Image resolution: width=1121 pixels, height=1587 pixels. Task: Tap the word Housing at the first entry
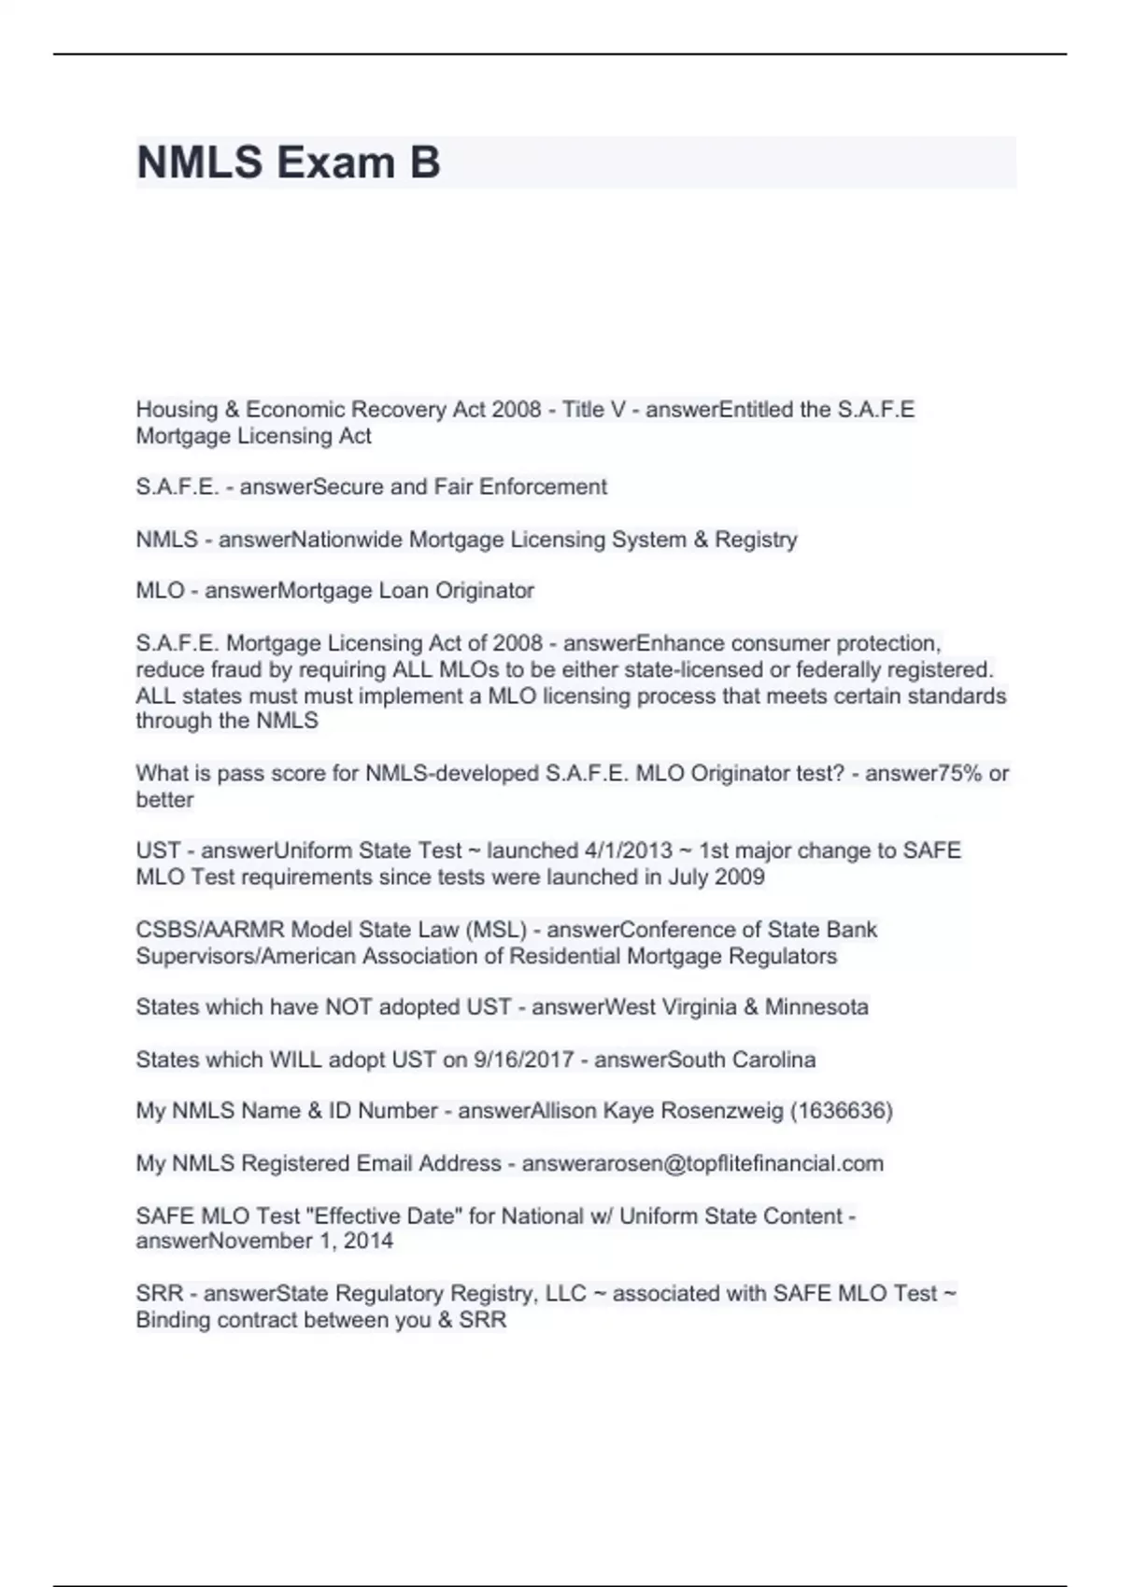[x=177, y=410]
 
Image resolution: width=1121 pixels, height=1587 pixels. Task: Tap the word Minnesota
[x=816, y=1007]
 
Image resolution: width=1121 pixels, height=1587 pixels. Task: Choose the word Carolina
[x=773, y=1060]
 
